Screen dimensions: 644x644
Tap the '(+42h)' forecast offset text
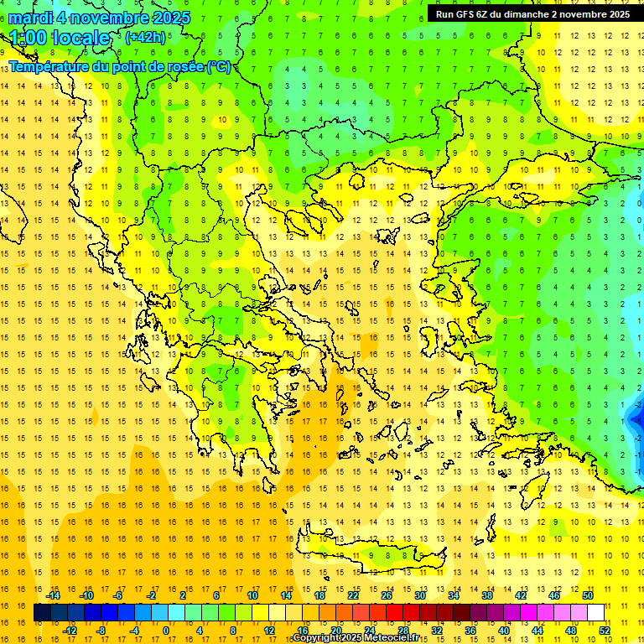tap(145, 37)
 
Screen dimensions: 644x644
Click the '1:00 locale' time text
tap(60, 38)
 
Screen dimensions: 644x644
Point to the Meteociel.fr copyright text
tap(356, 638)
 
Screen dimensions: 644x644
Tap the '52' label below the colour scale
tap(605, 631)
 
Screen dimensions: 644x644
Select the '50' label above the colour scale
tap(588, 595)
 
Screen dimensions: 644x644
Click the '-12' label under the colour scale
tap(70, 631)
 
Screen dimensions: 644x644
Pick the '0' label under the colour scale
tap(166, 631)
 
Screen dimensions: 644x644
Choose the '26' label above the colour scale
tap(387, 595)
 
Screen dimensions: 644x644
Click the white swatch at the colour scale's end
tap(596, 613)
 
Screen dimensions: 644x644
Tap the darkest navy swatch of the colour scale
tap(43, 613)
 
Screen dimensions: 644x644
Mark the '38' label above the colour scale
tap(487, 595)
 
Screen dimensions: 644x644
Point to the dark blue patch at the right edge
tap(635, 415)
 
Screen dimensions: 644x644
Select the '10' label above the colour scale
tap(252, 595)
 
